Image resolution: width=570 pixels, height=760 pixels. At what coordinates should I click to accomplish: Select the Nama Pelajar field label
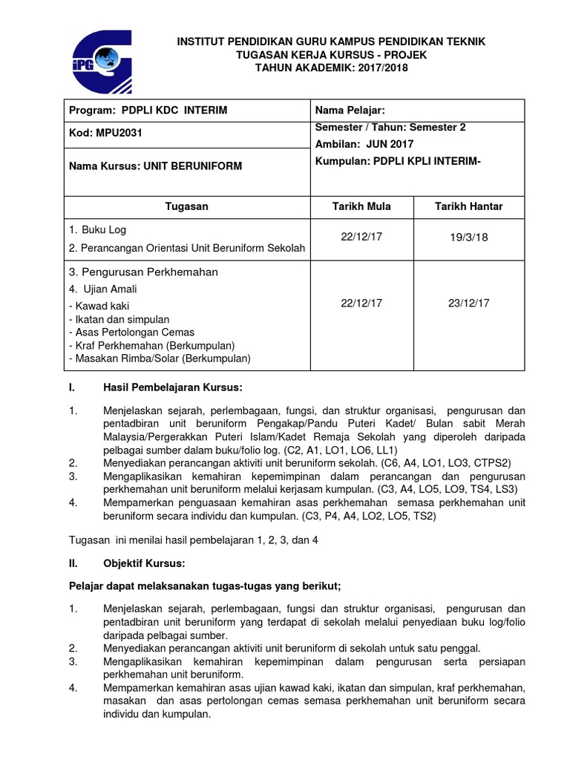[x=350, y=111]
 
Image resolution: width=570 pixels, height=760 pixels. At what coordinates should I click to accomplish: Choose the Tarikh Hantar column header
[x=468, y=206]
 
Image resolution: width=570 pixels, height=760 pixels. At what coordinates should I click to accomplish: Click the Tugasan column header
[x=186, y=206]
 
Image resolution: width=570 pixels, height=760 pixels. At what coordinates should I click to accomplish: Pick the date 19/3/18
[x=468, y=239]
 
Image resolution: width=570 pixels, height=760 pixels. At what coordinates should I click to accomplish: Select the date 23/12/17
[x=468, y=303]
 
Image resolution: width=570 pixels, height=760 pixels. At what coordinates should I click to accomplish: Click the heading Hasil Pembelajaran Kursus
[x=173, y=387]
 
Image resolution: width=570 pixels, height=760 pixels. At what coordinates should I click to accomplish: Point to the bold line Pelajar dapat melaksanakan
[x=204, y=586]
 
